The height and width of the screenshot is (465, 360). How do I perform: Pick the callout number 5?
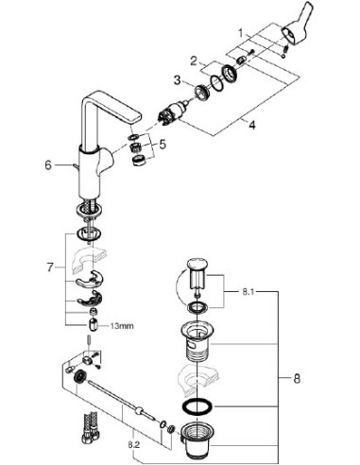(162, 146)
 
